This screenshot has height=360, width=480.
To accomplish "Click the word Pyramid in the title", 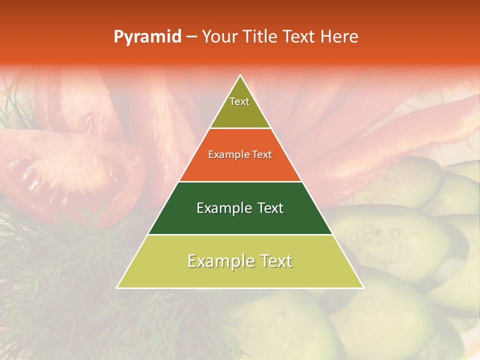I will click(x=147, y=36).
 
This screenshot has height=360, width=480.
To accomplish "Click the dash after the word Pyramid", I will click(x=191, y=36).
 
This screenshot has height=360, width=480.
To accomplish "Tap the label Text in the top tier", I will click(x=239, y=101).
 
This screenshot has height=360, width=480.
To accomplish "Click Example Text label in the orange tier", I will click(x=240, y=154).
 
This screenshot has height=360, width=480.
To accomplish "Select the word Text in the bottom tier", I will click(x=274, y=261).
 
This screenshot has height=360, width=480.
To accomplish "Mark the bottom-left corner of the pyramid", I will click(x=117, y=288).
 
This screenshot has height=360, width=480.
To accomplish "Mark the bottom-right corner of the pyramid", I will click(x=363, y=288).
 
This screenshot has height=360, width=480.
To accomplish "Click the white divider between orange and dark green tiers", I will click(x=240, y=181).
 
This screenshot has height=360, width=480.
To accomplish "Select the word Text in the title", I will click(x=301, y=36).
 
